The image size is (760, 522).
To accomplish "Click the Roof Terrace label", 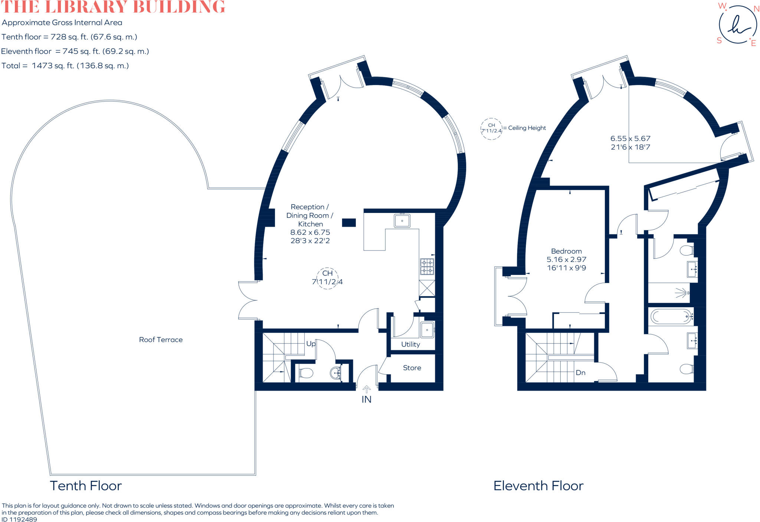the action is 161,339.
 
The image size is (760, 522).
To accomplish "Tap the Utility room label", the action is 410,345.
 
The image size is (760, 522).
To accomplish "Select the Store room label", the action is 412,368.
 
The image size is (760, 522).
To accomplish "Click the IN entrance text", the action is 367,399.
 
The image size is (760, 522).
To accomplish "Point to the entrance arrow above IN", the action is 367,389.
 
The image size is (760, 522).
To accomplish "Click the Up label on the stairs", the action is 311,344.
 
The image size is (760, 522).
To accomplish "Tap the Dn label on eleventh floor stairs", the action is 580,372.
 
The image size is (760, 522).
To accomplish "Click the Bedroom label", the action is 566,251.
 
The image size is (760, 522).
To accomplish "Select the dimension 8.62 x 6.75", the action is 310,232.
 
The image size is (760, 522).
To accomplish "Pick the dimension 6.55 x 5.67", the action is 630,138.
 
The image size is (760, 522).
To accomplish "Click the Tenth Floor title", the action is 86,486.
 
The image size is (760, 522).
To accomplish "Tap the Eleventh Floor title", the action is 538,486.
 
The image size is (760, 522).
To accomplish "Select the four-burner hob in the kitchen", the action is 427,266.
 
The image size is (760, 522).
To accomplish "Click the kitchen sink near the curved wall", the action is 402,221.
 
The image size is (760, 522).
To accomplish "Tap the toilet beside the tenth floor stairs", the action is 306,372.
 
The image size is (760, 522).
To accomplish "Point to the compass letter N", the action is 756,9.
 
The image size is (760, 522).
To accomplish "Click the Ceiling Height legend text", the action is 527,128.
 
